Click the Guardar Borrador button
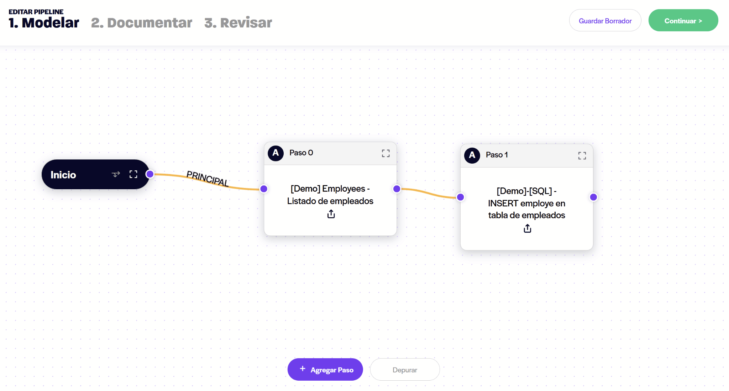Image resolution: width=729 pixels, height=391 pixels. [x=605, y=20]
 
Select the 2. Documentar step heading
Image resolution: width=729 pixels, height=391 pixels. [x=142, y=23]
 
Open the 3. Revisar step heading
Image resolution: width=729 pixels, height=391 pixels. [x=238, y=23]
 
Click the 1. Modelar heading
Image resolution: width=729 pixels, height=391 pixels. [x=44, y=23]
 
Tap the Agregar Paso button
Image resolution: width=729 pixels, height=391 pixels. [x=325, y=370]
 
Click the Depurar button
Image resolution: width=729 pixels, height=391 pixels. [x=405, y=370]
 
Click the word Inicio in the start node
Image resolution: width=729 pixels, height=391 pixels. [x=63, y=175]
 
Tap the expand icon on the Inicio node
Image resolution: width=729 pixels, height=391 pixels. [x=133, y=174]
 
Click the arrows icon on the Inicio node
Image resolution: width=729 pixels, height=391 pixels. [x=116, y=174]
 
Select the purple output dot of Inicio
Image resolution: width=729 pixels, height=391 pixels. [x=150, y=174]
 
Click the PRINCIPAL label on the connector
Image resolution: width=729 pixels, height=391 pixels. [x=208, y=178]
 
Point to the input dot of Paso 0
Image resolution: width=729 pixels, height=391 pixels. [x=264, y=189]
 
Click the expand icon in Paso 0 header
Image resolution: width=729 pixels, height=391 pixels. [x=386, y=153]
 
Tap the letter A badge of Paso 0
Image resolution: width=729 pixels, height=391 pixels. [x=276, y=153]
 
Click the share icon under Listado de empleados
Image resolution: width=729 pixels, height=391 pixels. [x=331, y=214]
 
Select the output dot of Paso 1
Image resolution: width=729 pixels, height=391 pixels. [x=593, y=197]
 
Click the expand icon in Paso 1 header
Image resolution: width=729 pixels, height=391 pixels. [x=582, y=156]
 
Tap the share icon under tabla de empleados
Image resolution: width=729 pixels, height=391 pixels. [x=528, y=228]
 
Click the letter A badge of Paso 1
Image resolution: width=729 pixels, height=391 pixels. [x=472, y=155]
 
